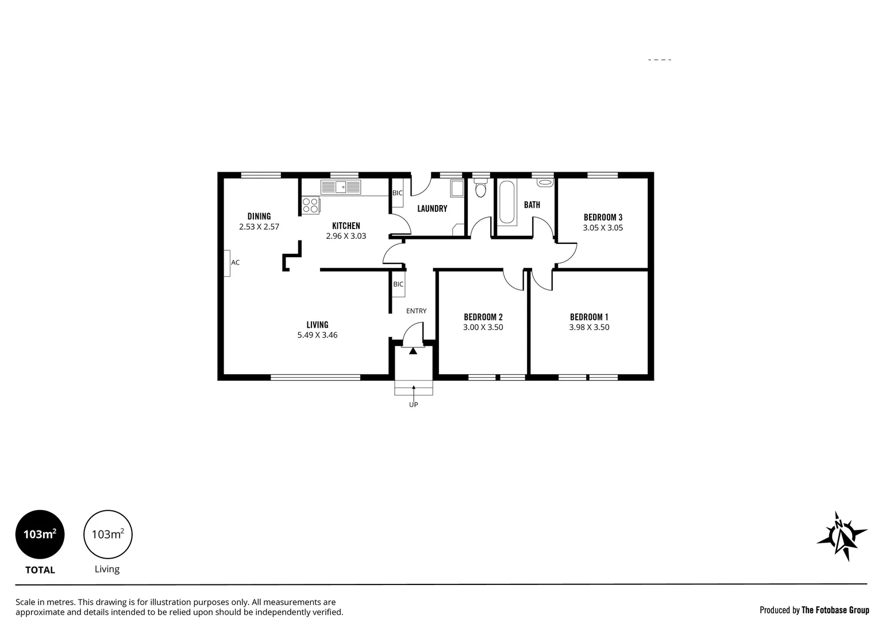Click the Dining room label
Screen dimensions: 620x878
tap(259, 216)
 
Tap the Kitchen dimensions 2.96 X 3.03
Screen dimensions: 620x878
tap(346, 236)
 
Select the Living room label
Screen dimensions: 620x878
tap(317, 325)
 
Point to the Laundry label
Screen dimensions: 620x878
tap(432, 208)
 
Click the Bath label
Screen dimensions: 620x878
tap(532, 204)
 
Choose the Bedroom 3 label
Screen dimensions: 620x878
tap(603, 217)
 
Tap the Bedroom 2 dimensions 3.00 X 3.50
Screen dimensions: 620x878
tap(483, 327)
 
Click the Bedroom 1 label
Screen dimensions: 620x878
tap(589, 317)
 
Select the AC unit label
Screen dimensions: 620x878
tap(235, 262)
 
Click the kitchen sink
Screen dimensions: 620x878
tap(341, 187)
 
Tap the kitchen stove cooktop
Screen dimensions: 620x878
tap(310, 205)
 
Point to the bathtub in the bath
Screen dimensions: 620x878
tap(507, 202)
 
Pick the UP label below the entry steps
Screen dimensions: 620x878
tap(413, 405)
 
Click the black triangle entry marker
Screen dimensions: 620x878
tap(413, 351)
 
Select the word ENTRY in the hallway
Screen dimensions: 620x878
tap(416, 311)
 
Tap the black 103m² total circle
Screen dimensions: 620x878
tap(40, 534)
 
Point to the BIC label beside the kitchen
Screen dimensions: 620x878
tap(397, 193)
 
